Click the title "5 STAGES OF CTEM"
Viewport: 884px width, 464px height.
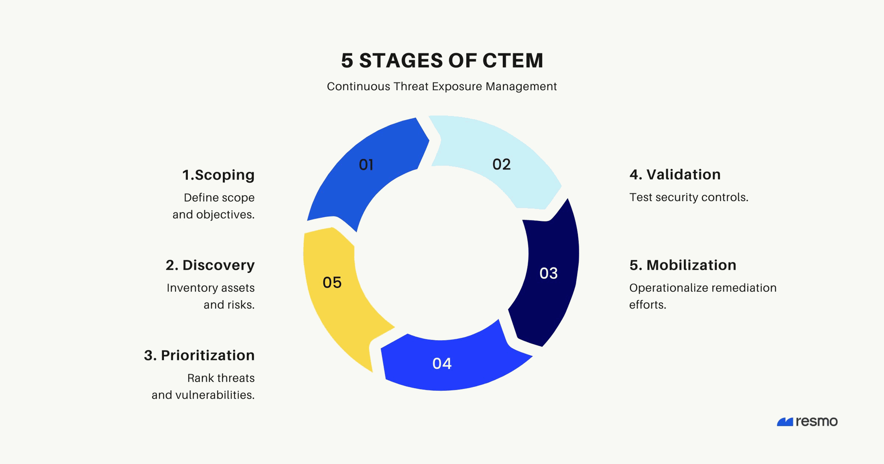[x=442, y=61]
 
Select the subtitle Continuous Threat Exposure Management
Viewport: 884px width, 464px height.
[x=442, y=87]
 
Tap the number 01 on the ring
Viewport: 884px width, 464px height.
[x=366, y=165]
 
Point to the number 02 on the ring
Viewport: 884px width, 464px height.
[x=501, y=164]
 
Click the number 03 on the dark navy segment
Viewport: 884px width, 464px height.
[x=548, y=273]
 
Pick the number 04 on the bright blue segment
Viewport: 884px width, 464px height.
[x=442, y=364]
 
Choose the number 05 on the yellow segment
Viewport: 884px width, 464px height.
[x=332, y=283]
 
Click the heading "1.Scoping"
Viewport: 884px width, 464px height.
[x=218, y=175]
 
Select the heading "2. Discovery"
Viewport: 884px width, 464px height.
[x=210, y=265]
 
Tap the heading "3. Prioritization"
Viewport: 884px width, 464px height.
[x=199, y=355]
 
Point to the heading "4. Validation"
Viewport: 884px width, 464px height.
[x=675, y=174]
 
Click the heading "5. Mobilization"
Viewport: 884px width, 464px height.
[x=683, y=265]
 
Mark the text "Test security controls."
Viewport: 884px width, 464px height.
[x=689, y=197]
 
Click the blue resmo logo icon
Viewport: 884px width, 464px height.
[x=785, y=422]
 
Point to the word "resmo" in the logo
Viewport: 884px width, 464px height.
[x=817, y=422]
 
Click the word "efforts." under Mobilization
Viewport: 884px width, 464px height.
[x=648, y=305]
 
